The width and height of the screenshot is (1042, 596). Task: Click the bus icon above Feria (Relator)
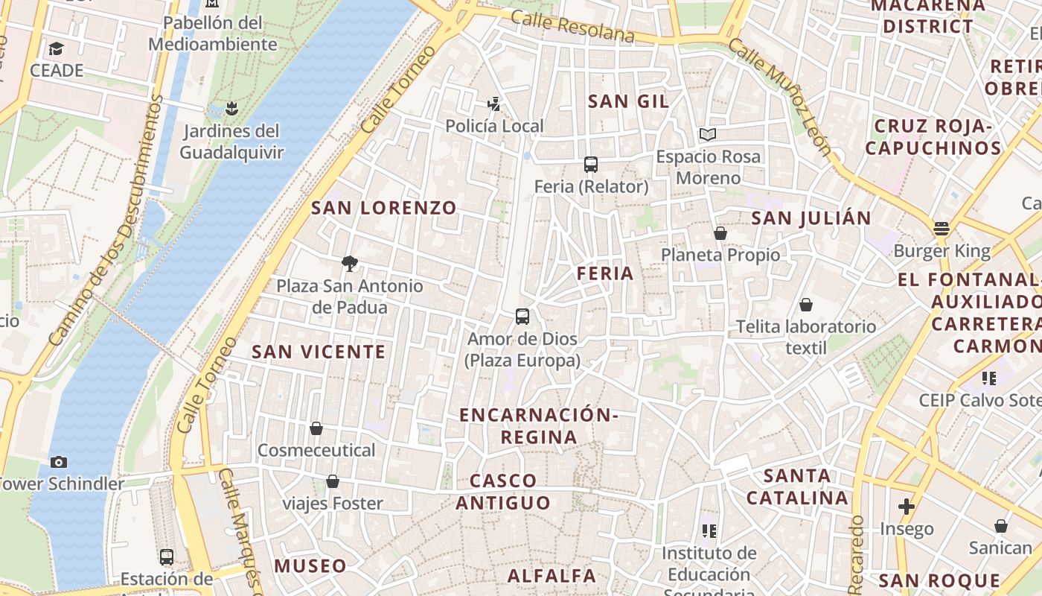[x=591, y=165]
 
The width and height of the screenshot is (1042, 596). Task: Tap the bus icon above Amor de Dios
[x=522, y=317]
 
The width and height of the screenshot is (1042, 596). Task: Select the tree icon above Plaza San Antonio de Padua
[x=349, y=263]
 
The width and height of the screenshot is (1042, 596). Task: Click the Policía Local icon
[x=493, y=104]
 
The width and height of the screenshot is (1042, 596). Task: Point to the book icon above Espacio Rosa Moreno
[x=707, y=135]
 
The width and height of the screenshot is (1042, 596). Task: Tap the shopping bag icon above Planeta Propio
[x=720, y=233]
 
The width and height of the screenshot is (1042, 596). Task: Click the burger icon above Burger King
[x=942, y=229]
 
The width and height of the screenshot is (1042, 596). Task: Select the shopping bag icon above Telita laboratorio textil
[x=805, y=305]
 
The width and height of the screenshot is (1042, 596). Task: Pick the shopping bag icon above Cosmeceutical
[x=316, y=428]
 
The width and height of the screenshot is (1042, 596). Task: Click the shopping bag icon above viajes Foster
[x=333, y=481]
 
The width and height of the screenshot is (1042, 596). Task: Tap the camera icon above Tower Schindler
[x=59, y=462]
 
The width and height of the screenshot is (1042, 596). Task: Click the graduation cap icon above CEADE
[x=56, y=49]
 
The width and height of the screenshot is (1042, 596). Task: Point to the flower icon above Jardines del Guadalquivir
[x=231, y=109]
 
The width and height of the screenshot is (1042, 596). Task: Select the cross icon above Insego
[x=906, y=507]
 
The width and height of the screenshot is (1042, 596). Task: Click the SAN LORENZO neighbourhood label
[x=383, y=208]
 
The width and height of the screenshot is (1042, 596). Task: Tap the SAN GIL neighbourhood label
[x=629, y=101]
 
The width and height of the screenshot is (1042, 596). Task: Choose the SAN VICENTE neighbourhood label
[x=319, y=352]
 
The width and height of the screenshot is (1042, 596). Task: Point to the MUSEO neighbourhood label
[x=310, y=566]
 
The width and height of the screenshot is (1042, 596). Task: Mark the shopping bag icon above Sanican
[x=1001, y=526]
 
